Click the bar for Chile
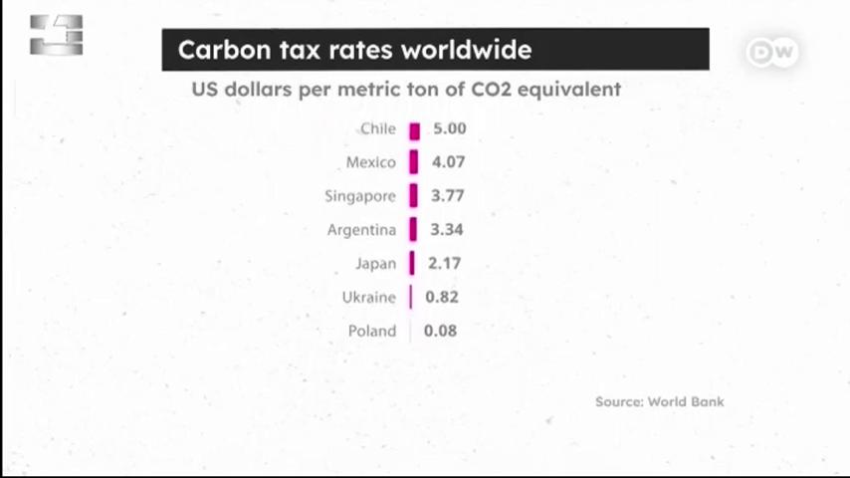pos(415,131)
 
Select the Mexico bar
pos(414,162)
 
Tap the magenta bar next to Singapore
pos(414,196)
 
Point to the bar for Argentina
pos(413,229)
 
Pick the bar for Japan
pos(412,263)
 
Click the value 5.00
pos(450,128)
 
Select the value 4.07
pos(448,162)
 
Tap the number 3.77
pos(447,196)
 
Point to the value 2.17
pos(445,264)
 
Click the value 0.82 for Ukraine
pos(442,298)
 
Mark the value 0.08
pos(440,331)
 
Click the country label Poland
pos(372,331)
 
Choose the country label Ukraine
pos(369,298)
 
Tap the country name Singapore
pos(360,196)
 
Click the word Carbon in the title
pos(224,50)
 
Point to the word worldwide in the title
pos(466,50)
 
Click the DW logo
pos(772,53)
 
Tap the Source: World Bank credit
pos(660,402)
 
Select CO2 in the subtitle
pos(491,90)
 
